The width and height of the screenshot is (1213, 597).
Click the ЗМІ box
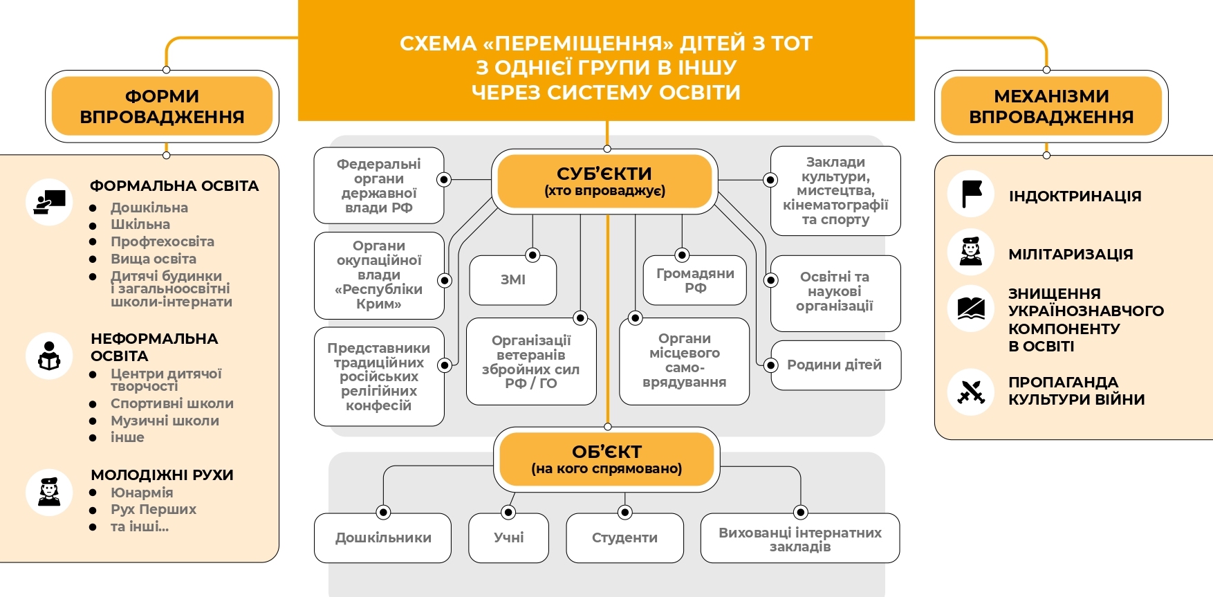[x=513, y=280]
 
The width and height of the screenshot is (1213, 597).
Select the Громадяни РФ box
[x=695, y=280]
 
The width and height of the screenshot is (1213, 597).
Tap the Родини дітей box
[x=835, y=365]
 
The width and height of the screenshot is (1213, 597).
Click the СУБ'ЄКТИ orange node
[x=604, y=181]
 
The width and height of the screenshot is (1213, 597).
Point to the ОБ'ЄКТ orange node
[x=606, y=459]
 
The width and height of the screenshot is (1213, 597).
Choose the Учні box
[x=509, y=538]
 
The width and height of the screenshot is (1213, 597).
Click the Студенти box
[x=624, y=538]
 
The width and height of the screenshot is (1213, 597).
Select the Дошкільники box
[x=383, y=538]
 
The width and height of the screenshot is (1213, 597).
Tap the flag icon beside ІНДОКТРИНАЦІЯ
[x=971, y=194]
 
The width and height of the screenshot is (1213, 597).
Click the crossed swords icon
[x=971, y=392]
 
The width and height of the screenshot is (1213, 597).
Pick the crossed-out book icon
[x=971, y=308]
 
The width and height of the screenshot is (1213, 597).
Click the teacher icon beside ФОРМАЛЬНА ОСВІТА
[x=49, y=202]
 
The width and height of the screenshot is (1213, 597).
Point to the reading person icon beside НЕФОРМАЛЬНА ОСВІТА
[x=49, y=356]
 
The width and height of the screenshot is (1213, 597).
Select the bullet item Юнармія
[x=142, y=493]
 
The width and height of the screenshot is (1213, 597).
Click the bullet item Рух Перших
[x=154, y=509]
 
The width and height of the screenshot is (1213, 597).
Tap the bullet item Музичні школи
[x=165, y=421]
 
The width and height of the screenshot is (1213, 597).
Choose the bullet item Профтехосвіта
[x=163, y=241]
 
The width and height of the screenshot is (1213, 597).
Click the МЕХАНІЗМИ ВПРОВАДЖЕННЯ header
[x=1051, y=107]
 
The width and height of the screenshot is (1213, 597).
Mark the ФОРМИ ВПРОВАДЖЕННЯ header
[x=162, y=107]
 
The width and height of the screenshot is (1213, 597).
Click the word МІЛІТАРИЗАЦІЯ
[x=1071, y=254]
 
